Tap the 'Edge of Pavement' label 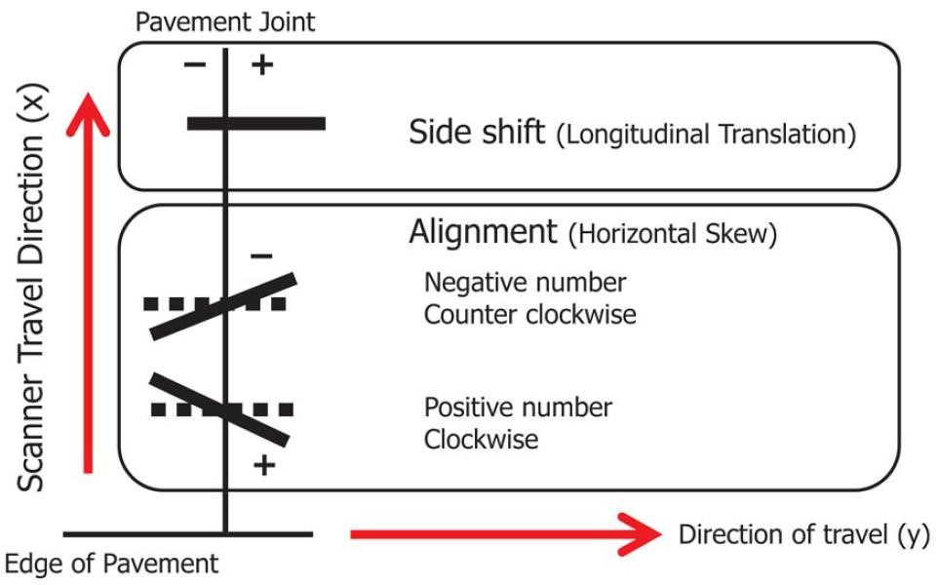(x=112, y=564)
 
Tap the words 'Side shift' (x=477, y=132)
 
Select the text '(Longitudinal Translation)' (x=706, y=135)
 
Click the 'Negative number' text (x=525, y=283)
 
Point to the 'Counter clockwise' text (x=528, y=315)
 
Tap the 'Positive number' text (x=518, y=407)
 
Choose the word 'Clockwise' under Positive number (x=481, y=439)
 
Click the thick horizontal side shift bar (x=255, y=123)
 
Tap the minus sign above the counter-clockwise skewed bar (x=260, y=255)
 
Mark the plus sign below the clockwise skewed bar (x=262, y=464)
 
